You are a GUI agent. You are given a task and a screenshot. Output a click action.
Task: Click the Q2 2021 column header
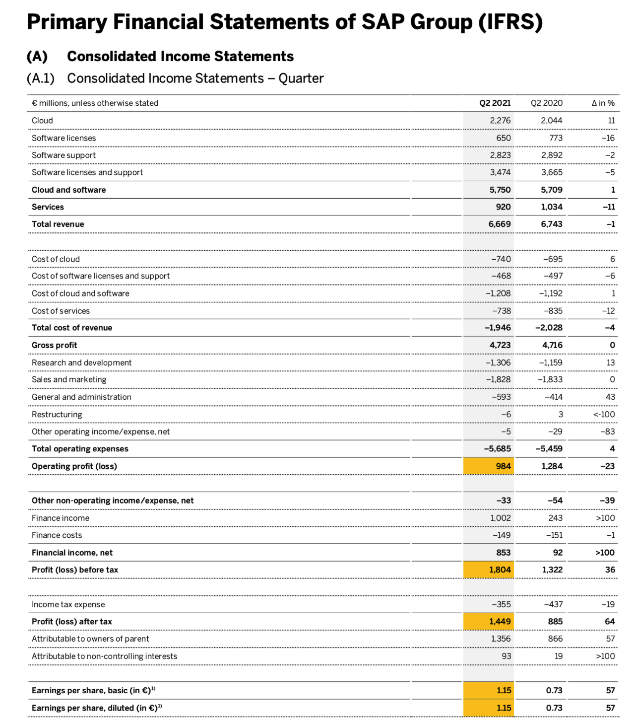point(495,103)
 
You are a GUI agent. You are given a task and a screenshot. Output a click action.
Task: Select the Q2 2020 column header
point(546,103)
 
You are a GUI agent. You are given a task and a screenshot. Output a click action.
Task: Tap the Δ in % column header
point(603,103)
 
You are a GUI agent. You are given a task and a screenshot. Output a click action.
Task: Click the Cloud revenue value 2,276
point(500,121)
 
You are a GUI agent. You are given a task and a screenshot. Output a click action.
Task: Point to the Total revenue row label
point(58,224)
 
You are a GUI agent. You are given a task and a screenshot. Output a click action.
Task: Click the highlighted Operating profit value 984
point(503,466)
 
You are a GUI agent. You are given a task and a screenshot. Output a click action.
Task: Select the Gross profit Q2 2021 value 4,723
point(500,345)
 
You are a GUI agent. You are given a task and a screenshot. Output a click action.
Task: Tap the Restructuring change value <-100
point(604,415)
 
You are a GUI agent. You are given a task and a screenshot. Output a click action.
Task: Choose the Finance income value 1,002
point(500,518)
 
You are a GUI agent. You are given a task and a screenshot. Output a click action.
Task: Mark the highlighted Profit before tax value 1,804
point(500,570)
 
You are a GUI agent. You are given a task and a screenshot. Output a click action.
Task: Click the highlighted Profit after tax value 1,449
point(500,622)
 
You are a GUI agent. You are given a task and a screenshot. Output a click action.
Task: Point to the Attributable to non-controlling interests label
point(104,656)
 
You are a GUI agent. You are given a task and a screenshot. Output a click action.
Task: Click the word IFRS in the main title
point(510,22)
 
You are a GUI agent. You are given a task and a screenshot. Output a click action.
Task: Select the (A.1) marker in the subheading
point(40,78)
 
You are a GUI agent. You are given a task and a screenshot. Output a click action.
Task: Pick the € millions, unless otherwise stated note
point(95,103)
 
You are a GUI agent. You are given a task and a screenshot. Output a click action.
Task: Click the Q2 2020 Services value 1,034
point(552,207)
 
